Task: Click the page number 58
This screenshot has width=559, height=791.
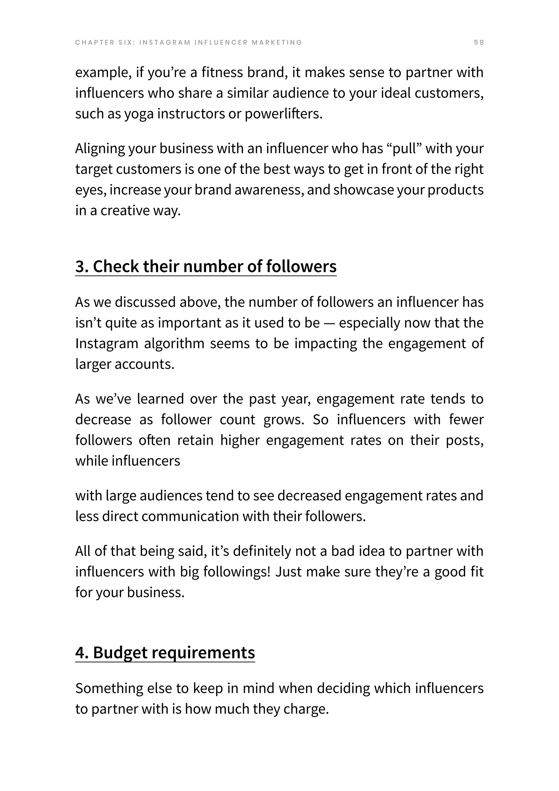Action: (479, 42)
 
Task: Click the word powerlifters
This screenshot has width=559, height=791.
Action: (284, 114)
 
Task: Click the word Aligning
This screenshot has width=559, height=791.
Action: (100, 149)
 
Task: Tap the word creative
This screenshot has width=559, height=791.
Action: (125, 211)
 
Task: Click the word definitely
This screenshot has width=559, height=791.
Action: (262, 551)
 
